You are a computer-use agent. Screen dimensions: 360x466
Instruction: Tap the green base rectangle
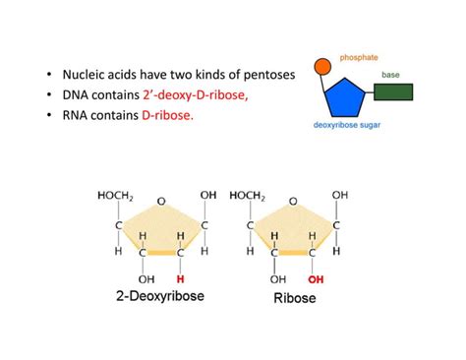click(x=393, y=93)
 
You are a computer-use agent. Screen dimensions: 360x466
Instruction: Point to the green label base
click(x=390, y=74)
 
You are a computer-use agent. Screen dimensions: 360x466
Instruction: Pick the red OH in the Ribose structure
click(x=313, y=278)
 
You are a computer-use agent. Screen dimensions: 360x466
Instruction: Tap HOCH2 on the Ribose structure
click(x=250, y=195)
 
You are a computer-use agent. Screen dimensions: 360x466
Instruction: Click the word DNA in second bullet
click(x=76, y=94)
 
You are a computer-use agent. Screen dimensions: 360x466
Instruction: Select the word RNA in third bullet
click(x=76, y=115)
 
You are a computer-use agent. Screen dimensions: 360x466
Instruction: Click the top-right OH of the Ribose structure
click(x=339, y=195)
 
